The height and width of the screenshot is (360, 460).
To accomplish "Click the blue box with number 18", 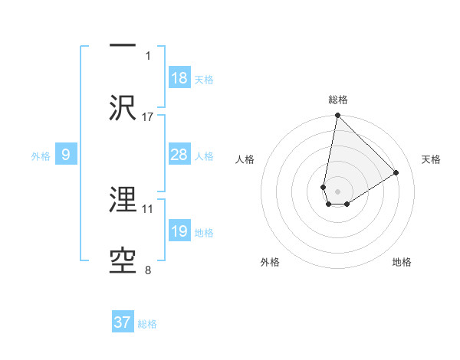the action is (x=179, y=78).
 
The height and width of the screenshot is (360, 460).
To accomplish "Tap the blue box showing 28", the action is (x=179, y=155).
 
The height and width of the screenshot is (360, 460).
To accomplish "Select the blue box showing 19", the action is (x=179, y=231).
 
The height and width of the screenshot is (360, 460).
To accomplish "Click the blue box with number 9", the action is (x=66, y=155).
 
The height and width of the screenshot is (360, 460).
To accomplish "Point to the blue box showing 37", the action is (x=123, y=322).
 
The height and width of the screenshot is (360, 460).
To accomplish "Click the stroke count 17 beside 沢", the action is (x=148, y=116).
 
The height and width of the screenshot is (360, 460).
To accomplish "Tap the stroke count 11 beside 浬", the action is (x=148, y=208).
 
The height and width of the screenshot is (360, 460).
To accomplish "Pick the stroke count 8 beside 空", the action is (x=148, y=270).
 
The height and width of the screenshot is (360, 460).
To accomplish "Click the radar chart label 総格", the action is (x=338, y=100).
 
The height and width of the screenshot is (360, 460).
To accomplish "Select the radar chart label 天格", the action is (x=431, y=159).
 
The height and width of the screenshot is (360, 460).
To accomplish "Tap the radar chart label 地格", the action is (x=402, y=262).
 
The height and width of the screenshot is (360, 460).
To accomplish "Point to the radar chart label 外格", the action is (x=270, y=262).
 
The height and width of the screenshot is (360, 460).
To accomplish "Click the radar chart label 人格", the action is (x=245, y=159).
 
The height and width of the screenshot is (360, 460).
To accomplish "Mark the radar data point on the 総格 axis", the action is (x=337, y=116).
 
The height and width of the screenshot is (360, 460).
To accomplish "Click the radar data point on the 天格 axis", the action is (x=396, y=173).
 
